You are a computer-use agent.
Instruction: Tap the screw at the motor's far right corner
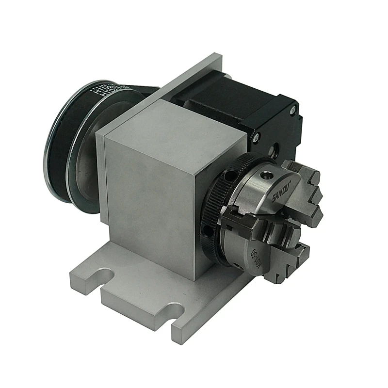[292, 111]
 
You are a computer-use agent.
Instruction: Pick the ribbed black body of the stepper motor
[218, 104]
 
